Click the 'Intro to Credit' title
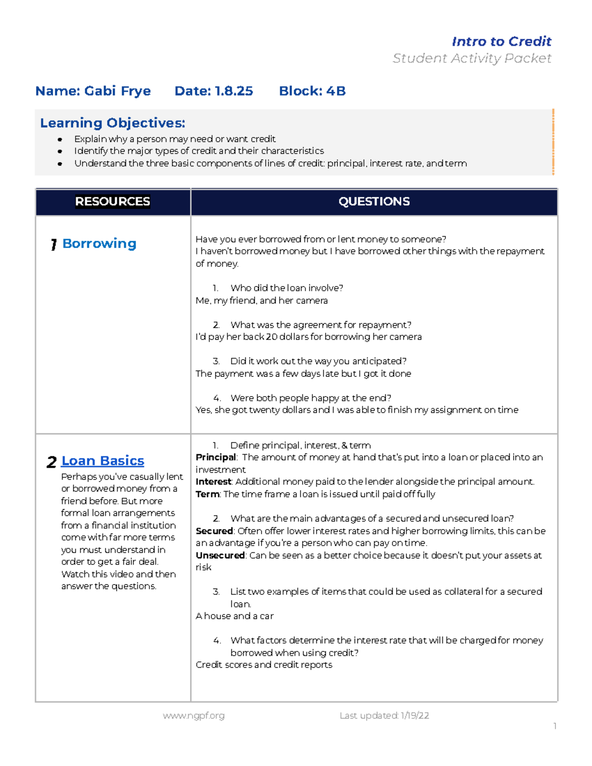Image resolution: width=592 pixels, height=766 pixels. tap(501, 41)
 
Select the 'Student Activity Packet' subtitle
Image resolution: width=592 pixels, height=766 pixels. tap(472, 58)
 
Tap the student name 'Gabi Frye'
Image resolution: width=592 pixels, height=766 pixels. tap(117, 91)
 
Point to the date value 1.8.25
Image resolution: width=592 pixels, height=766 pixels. tap(234, 91)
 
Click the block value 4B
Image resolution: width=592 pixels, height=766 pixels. tap(335, 91)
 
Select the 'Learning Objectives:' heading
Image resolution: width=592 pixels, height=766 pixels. tap(112, 123)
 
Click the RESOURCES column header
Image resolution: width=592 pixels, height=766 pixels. tap(112, 201)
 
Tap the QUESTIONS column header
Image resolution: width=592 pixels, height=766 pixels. tap(374, 201)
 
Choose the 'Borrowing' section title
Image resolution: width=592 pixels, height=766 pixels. tap(99, 244)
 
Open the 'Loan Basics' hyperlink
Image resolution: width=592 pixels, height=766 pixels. tap(103, 461)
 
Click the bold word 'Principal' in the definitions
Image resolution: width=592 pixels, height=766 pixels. tap(216, 457)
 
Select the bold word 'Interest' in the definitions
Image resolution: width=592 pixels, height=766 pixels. tap(213, 481)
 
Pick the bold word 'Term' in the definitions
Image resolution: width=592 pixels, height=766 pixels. tap(207, 494)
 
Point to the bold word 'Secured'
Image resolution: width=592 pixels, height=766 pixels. tap(214, 531)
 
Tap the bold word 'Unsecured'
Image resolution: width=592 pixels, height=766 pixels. tap(220, 555)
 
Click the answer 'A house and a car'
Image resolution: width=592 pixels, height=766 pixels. tap(234, 616)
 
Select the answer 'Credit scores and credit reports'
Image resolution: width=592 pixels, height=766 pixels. tap(264, 665)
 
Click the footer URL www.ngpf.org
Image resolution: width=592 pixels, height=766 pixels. tap(193, 716)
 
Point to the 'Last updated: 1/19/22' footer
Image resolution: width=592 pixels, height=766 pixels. tap(384, 716)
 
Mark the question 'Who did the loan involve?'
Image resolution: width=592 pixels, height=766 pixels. tap(287, 288)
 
